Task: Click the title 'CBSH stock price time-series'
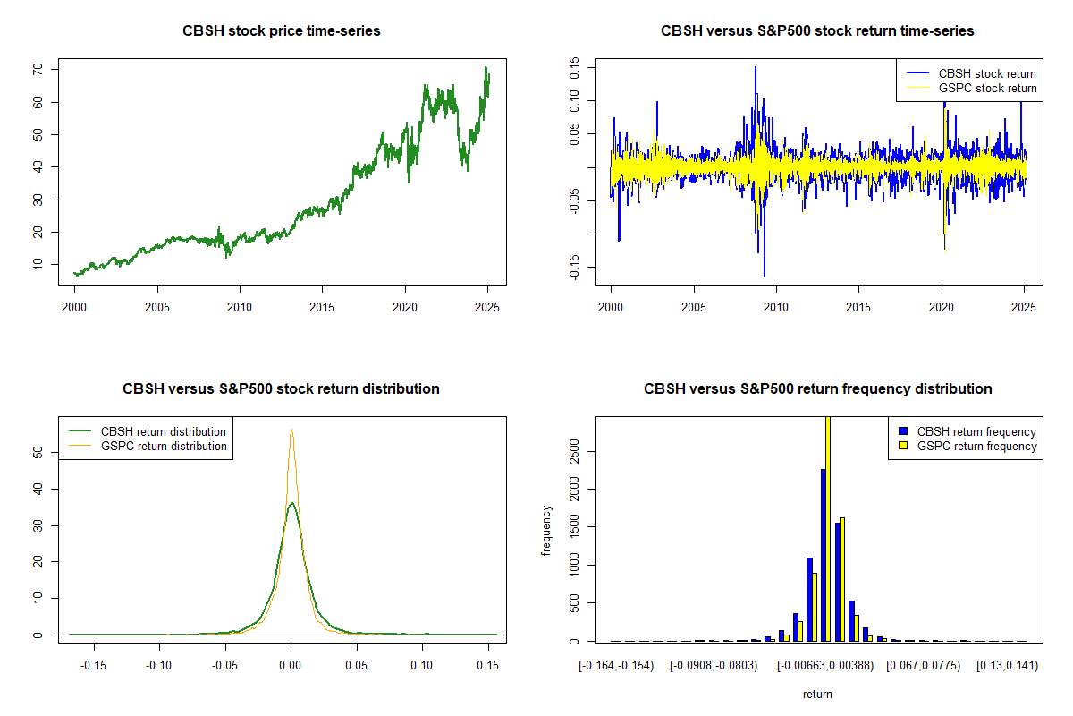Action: [281, 31]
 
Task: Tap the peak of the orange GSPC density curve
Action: [291, 430]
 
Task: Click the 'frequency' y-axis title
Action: [546, 530]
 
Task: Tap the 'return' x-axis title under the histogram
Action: [817, 694]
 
